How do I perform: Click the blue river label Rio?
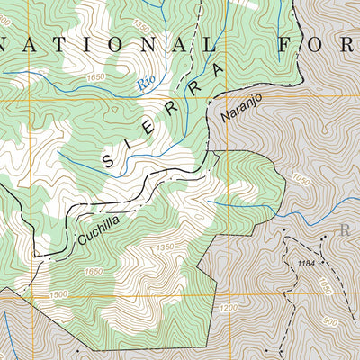tap(145, 84)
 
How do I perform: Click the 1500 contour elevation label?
tap(59, 294)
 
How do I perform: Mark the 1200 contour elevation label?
tap(229, 308)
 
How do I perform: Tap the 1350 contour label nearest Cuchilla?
tap(163, 247)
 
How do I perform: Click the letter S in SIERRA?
tap(109, 162)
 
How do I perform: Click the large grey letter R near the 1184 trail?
tap(345, 229)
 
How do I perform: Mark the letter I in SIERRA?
tap(131, 147)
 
